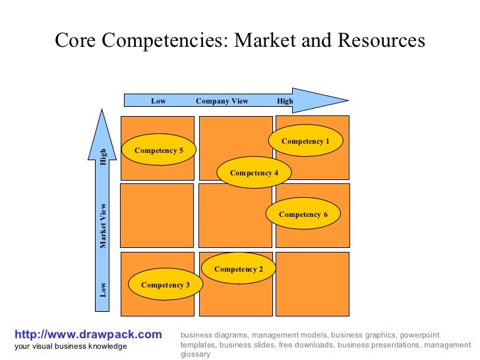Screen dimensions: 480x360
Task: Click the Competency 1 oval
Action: point(306,141)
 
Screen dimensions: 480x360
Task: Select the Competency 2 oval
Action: point(239,269)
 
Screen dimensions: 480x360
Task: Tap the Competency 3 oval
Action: point(165,285)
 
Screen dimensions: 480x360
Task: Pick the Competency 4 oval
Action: point(254,173)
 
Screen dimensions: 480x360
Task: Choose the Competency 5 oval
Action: point(159,150)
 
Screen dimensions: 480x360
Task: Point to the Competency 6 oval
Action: point(303,214)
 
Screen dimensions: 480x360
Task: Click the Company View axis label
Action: point(222,101)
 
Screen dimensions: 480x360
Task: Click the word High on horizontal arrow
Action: point(285,101)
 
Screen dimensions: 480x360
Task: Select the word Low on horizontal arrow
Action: point(158,101)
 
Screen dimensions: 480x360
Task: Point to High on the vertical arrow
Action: point(103,157)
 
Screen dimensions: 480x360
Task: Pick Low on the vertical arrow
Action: point(103,289)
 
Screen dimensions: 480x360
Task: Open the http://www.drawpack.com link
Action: point(88,335)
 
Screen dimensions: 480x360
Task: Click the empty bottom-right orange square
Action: point(312,284)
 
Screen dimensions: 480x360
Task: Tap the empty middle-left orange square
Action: point(157,215)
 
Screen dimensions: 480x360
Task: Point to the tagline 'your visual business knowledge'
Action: point(71,346)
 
